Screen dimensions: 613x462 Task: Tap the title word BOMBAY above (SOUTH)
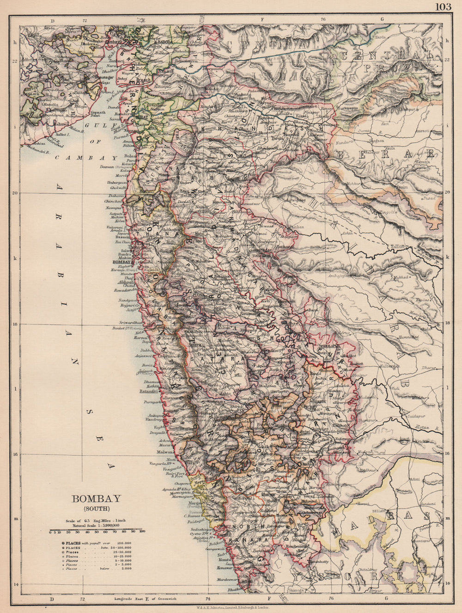pos(96,499)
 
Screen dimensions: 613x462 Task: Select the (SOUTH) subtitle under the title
pos(96,509)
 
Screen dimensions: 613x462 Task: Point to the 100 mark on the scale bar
pos(142,532)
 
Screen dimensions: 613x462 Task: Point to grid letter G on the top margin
pos(383,20)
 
